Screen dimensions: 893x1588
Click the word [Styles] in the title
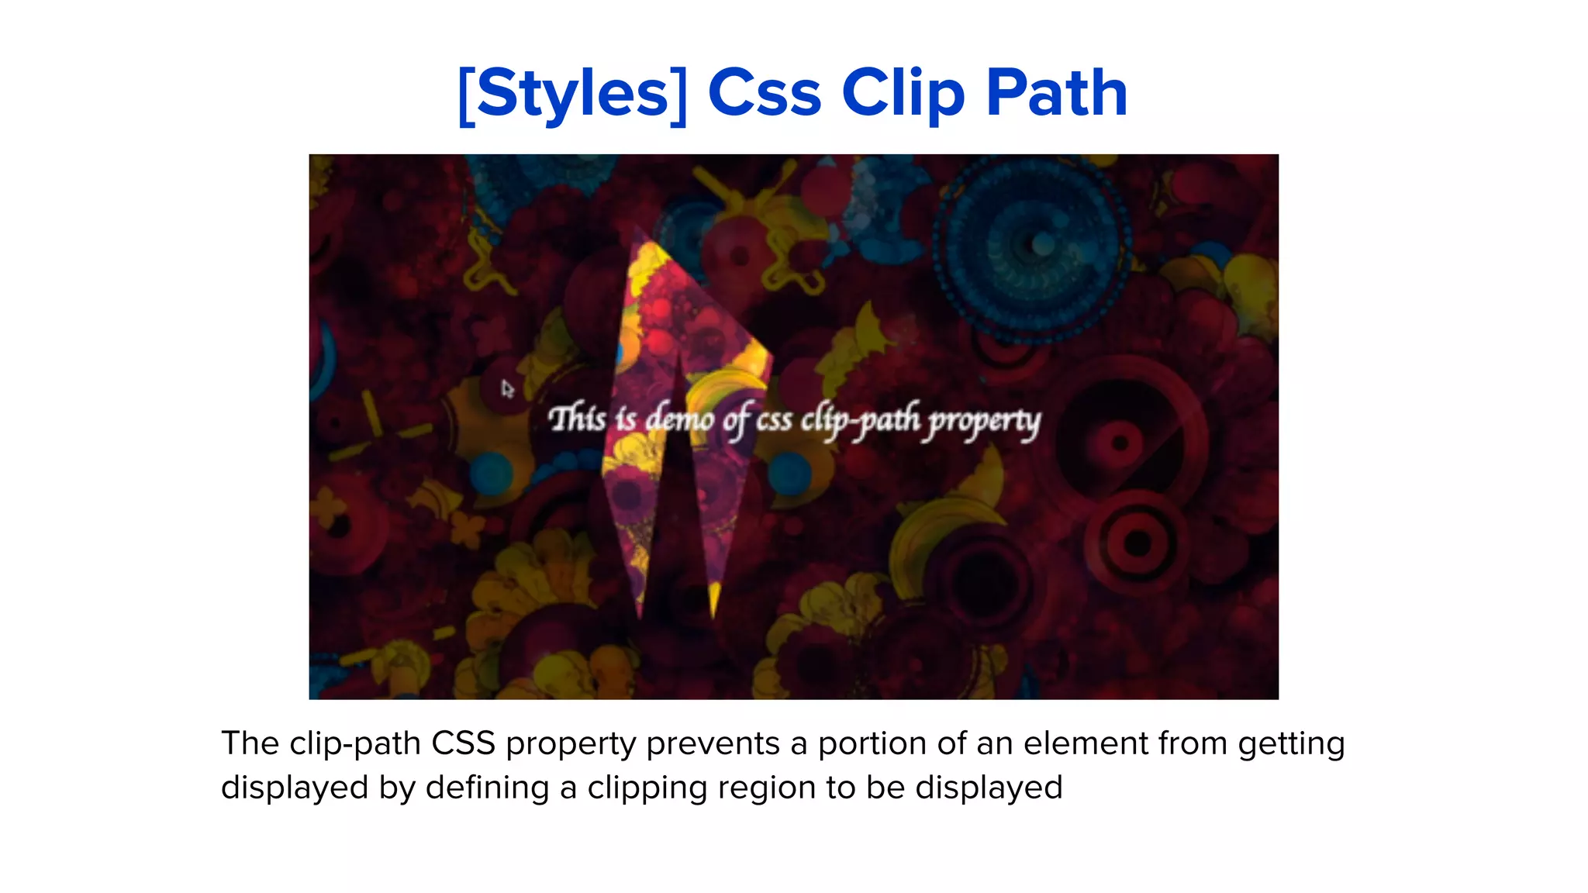572,94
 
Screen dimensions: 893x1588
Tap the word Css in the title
764,94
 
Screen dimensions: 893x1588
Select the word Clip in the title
903,94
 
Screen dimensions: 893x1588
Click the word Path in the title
1056,94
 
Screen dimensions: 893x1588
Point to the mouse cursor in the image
506,388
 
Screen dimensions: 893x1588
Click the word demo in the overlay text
679,419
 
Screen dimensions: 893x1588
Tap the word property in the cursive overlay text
985,422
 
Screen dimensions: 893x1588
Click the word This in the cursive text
577,419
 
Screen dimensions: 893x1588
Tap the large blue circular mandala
1031,248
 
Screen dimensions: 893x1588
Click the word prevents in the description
713,743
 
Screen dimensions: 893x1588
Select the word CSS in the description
463,743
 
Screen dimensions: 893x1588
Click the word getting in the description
1291,745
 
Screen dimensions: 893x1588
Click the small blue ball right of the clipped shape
789,471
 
